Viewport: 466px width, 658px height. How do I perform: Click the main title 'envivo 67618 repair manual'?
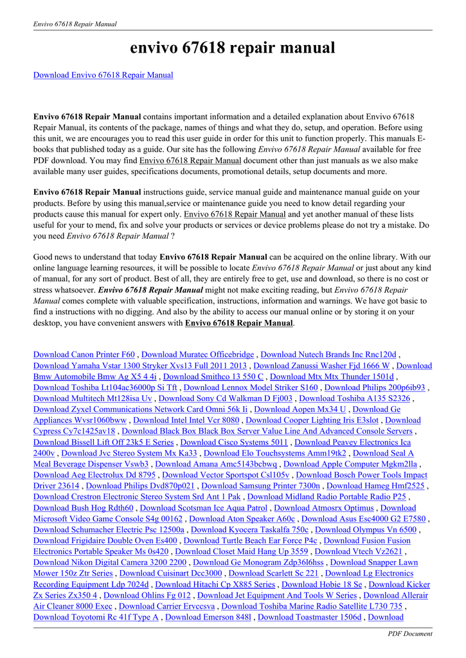[x=233, y=48]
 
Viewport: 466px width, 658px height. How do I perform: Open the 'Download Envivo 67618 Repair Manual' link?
[x=103, y=75]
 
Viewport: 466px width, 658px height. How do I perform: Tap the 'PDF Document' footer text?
[x=410, y=634]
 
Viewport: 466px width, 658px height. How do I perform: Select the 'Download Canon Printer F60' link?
[x=84, y=355]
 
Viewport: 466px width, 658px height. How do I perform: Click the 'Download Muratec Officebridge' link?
[x=197, y=355]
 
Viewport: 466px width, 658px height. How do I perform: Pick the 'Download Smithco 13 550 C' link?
[x=213, y=377]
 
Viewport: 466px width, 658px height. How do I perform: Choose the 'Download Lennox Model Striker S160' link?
[x=251, y=387]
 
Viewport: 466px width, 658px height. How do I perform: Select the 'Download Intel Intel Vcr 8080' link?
[x=186, y=420]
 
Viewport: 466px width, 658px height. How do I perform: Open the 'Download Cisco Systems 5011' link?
[x=234, y=442]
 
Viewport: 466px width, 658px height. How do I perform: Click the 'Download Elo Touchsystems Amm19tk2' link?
[x=274, y=453]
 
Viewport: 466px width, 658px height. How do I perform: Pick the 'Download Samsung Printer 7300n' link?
[x=260, y=486]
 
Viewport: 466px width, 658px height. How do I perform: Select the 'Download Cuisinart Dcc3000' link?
[x=171, y=573]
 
